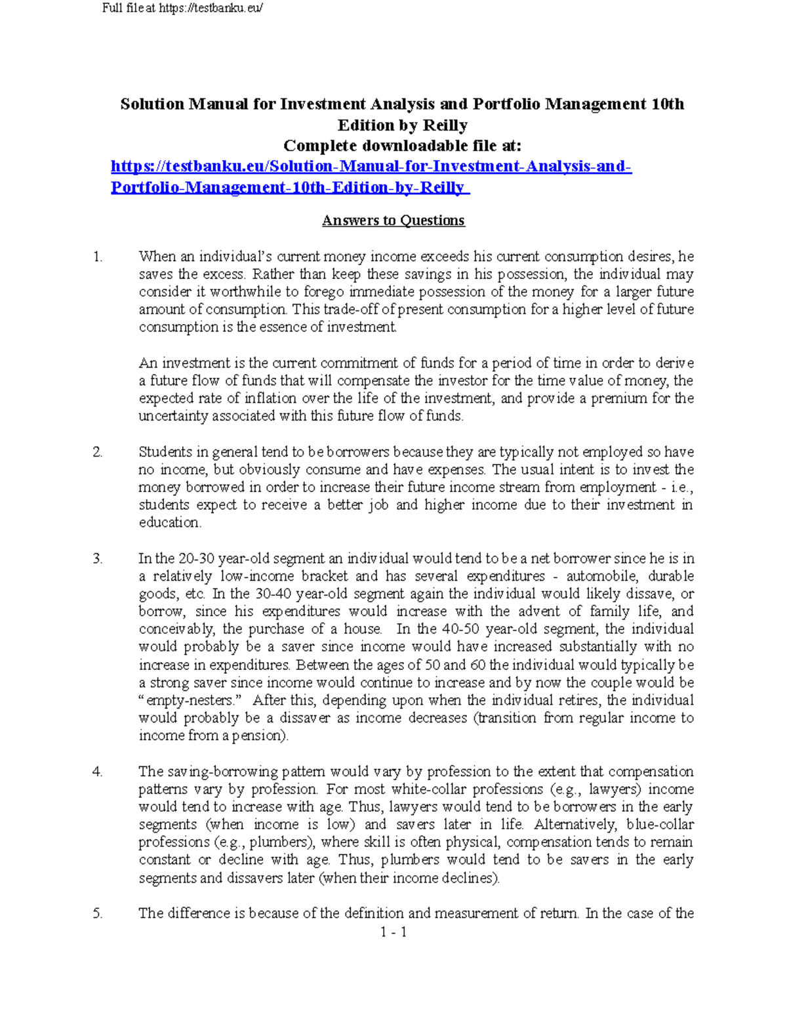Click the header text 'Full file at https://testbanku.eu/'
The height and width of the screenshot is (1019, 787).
[182, 9]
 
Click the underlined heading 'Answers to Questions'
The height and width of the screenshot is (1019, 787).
[393, 220]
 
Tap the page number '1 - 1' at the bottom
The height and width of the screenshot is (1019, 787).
[393, 932]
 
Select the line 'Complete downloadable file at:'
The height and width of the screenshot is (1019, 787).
[402, 146]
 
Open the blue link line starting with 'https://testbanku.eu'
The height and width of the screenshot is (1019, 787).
[371, 167]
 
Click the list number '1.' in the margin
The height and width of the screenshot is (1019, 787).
[98, 257]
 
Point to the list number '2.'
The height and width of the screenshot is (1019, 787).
[98, 452]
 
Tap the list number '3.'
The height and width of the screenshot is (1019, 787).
[98, 558]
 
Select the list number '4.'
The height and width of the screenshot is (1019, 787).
[98, 772]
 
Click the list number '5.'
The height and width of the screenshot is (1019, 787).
[98, 913]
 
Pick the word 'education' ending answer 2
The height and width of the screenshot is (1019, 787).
[169, 523]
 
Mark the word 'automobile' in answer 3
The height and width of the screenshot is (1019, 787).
[600, 576]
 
